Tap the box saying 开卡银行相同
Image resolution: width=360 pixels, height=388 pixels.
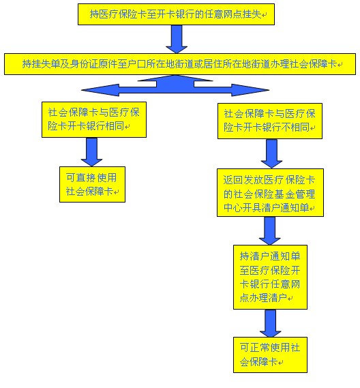click(x=93, y=120)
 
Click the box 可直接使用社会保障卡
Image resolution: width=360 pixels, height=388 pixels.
click(x=91, y=184)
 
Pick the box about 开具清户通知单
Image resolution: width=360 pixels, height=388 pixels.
click(x=269, y=194)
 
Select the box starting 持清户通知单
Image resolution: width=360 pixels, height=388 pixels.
click(x=270, y=276)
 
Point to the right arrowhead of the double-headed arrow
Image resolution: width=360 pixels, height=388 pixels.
click(x=239, y=89)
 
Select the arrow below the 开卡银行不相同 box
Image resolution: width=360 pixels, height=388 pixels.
click(x=270, y=155)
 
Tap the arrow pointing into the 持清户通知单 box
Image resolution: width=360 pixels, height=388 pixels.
click(x=270, y=232)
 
